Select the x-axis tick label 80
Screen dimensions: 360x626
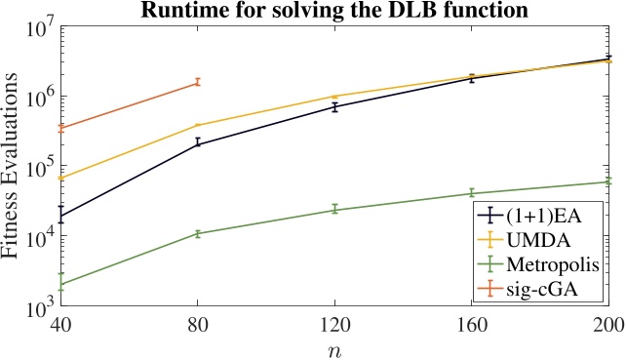[197, 326]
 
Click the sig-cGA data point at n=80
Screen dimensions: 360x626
[197, 83]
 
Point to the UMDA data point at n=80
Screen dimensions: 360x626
[197, 125]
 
